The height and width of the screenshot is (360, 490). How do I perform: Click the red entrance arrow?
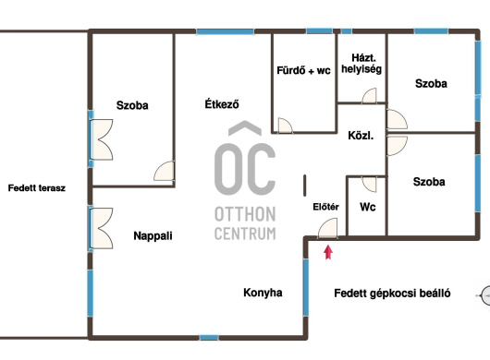tap(328, 252)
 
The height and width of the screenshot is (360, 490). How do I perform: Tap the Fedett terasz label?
tap(37, 188)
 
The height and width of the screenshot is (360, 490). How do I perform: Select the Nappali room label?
tap(153, 235)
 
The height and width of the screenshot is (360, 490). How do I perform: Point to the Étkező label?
tap(222, 103)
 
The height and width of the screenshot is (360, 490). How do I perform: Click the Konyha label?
tap(263, 293)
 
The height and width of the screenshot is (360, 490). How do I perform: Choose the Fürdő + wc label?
tap(303, 70)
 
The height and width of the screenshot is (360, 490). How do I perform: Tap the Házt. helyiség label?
tap(361, 64)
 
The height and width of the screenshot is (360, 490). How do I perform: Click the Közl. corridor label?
tap(361, 136)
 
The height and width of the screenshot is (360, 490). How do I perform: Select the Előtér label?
tap(325, 207)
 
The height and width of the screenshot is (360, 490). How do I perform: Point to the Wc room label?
tap(368, 207)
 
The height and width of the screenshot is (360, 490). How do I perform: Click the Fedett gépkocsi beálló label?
tap(392, 294)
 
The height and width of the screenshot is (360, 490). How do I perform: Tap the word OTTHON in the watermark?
tap(245, 215)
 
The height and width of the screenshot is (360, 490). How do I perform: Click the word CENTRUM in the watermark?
tap(245, 234)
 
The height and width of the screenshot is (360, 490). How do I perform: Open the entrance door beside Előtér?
tap(328, 228)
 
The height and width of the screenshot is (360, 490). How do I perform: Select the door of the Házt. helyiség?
tap(370, 96)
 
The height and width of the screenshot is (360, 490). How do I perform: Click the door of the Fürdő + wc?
tap(285, 126)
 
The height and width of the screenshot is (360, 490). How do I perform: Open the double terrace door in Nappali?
tap(101, 228)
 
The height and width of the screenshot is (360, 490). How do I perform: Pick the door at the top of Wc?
tap(370, 185)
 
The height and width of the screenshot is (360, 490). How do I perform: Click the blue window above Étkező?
tap(225, 31)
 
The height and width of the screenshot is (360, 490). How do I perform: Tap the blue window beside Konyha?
tap(306, 287)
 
